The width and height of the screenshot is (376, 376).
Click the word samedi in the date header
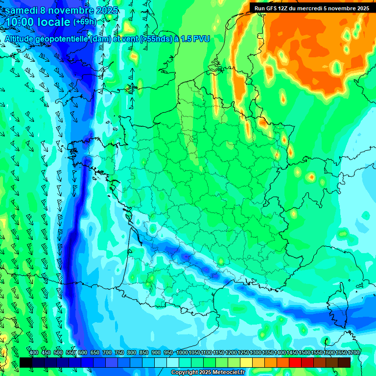click(22, 10)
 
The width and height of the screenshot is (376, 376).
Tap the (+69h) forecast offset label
click(85, 22)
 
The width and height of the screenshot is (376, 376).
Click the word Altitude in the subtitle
click(22, 39)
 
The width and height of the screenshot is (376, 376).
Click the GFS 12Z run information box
click(312, 8)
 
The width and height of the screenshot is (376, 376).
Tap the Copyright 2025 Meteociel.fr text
click(208, 373)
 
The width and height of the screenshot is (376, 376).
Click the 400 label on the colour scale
click(34, 352)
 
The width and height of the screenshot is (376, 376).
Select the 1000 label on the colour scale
click(182, 352)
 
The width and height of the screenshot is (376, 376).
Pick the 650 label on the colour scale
click(95, 352)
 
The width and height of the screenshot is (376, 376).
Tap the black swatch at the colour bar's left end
click(26, 362)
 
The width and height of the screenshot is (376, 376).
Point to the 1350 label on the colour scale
click(268, 352)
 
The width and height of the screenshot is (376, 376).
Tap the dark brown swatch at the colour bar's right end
click(344, 362)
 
